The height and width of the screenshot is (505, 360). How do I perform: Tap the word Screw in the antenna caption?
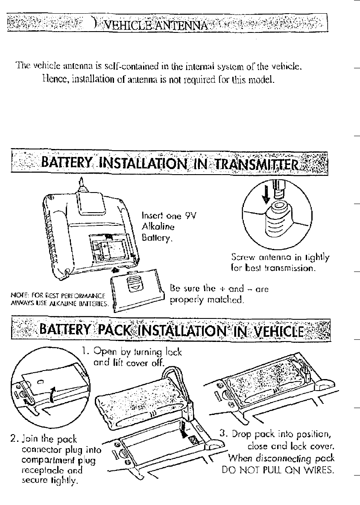[241, 257]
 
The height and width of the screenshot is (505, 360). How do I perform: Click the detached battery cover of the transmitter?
[136, 291]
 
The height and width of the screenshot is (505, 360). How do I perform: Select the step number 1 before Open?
[85, 352]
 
